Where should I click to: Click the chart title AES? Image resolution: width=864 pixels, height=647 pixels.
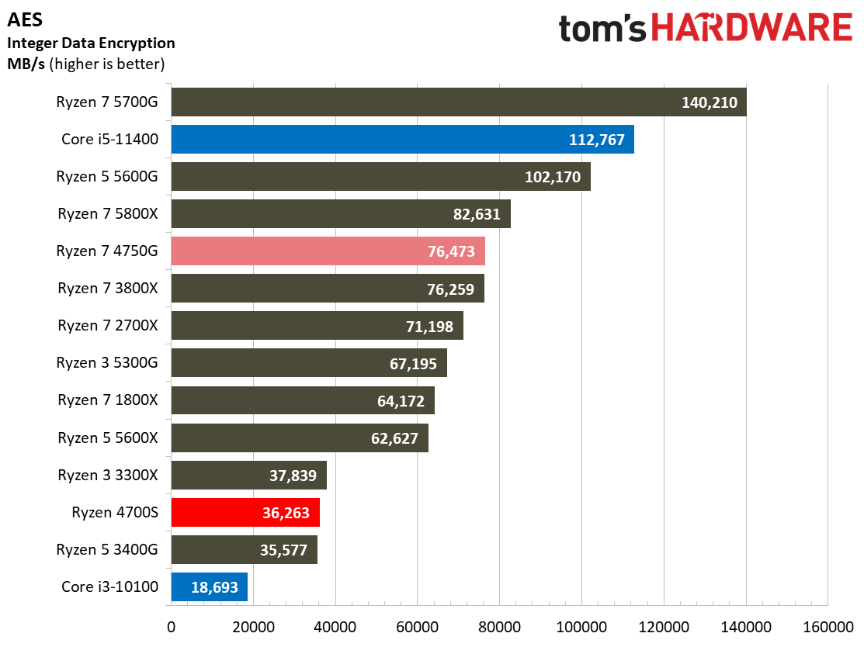coord(25,20)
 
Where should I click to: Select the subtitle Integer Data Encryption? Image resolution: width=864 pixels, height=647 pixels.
coord(91,43)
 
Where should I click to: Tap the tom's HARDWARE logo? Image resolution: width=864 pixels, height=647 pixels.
coord(706,27)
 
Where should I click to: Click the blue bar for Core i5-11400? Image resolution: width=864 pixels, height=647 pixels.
coord(403,140)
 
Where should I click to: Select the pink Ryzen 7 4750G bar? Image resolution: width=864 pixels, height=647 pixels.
coord(328,251)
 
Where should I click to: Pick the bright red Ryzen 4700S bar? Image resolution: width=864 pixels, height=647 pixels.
coord(246,513)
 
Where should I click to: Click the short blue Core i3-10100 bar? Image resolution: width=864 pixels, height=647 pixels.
coord(210,587)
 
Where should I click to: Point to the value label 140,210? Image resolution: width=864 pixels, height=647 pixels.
coord(710,102)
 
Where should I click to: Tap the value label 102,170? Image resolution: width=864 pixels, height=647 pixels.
coord(553,177)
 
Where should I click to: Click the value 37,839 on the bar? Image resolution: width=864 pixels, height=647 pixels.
coord(293,476)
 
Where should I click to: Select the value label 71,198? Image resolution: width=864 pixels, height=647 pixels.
coord(429,327)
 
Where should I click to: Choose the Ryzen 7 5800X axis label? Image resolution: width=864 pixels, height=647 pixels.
coord(107,213)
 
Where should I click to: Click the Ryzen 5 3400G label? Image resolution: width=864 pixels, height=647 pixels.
coord(107,549)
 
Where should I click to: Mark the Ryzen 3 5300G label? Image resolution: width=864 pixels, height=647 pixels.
coord(107,363)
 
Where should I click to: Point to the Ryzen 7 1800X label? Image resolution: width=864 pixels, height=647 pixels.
coord(107,400)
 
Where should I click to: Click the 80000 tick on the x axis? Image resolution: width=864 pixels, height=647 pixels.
coord(499,627)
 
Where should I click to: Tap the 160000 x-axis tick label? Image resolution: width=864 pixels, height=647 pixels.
coord(828,627)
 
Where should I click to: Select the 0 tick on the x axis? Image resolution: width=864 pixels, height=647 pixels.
coord(172,627)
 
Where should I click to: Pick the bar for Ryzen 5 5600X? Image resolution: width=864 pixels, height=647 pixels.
coord(300,438)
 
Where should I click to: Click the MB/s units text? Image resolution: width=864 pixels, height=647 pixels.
coord(26,64)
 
